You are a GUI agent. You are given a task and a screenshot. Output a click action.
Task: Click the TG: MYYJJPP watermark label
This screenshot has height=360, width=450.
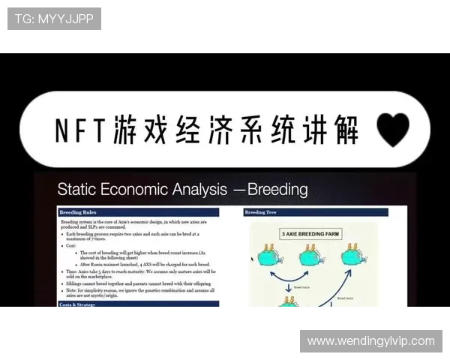point(54,19)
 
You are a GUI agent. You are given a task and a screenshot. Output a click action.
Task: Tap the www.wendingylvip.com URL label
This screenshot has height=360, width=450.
point(371,341)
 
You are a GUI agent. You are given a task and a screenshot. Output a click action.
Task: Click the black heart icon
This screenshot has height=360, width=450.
point(393,129)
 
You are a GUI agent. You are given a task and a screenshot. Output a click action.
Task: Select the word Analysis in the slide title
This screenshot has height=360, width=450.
point(206,189)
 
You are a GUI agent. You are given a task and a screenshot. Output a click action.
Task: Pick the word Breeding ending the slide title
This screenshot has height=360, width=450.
point(277,189)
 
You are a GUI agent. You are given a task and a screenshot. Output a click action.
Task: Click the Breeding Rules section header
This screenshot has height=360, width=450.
point(82,212)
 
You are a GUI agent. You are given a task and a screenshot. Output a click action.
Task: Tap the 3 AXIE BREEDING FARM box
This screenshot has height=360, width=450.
point(310,234)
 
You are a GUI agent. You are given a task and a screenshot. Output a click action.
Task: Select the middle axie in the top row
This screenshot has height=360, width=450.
point(310,256)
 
